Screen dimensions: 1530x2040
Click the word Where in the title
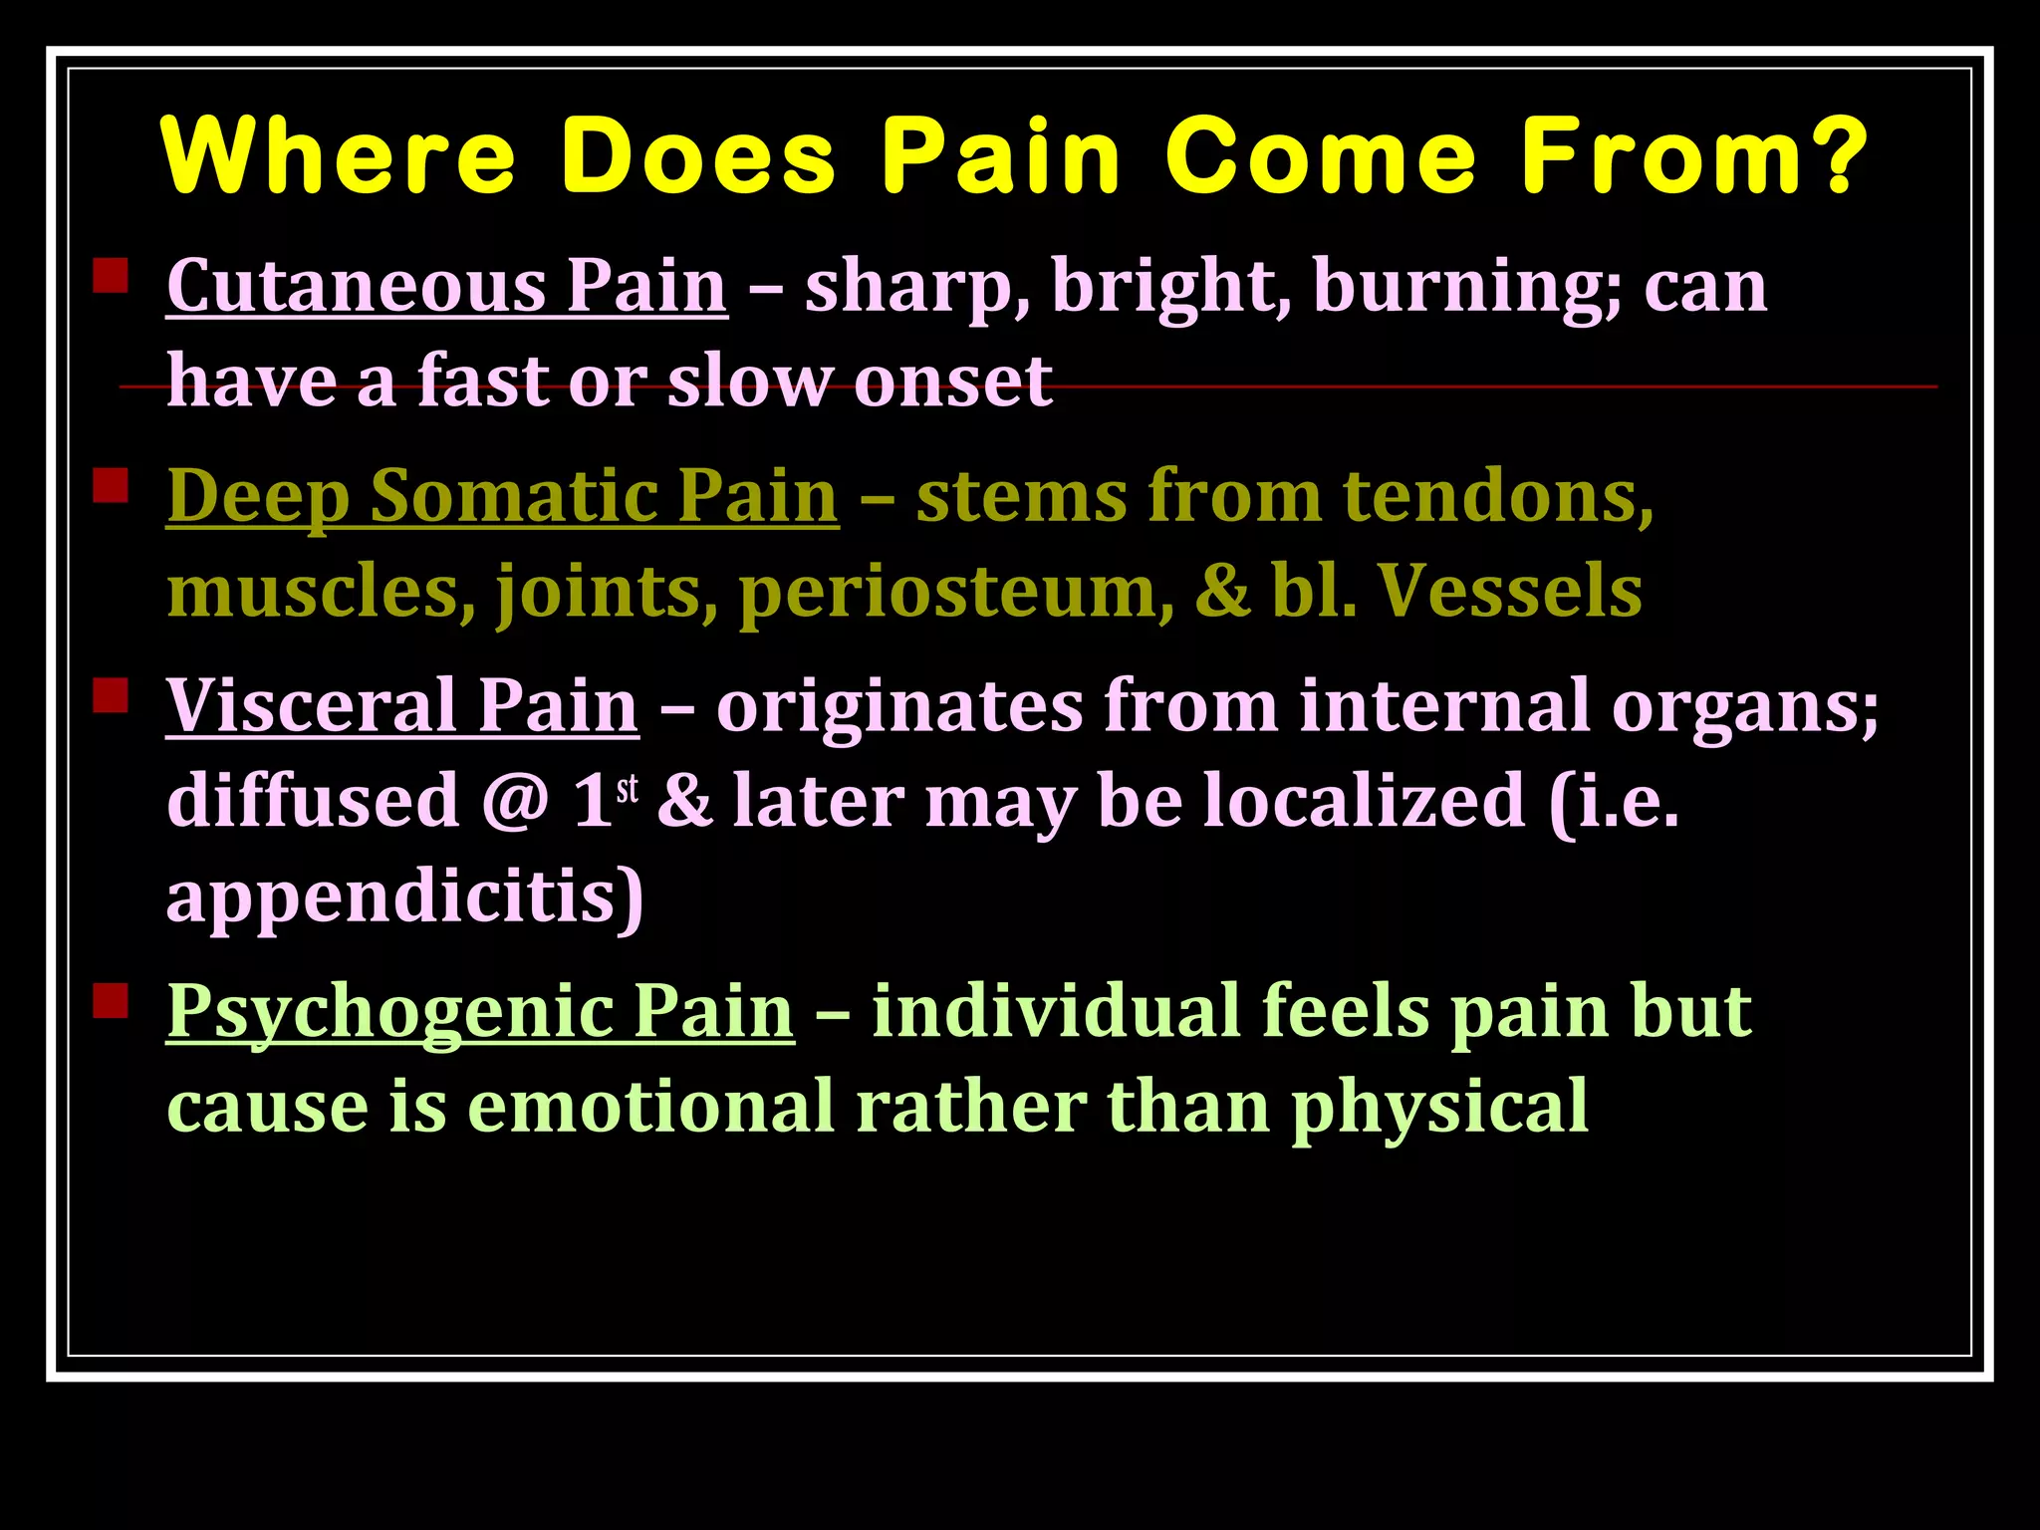pos(339,156)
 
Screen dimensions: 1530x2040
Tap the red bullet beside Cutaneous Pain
pos(111,276)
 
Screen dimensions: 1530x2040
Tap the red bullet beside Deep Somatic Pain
pos(111,486)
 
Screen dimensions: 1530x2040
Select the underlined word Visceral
pos(310,705)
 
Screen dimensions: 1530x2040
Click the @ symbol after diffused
pos(515,802)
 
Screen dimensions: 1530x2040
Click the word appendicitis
pos(403,897)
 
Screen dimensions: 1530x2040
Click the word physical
pos(1439,1108)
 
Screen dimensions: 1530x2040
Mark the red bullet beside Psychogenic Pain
pos(111,1000)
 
